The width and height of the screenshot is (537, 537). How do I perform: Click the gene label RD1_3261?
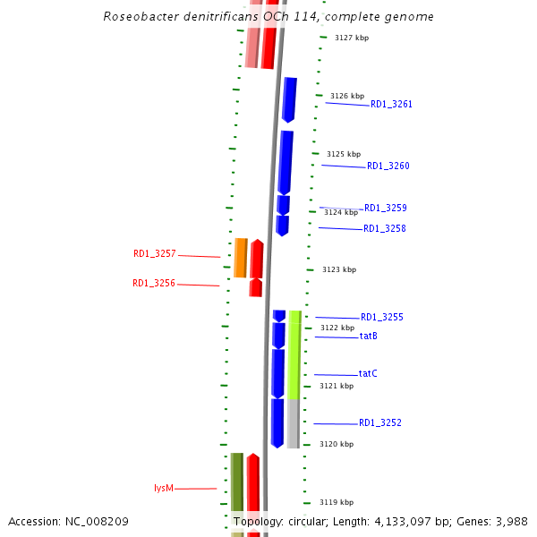pyautogui.click(x=391, y=105)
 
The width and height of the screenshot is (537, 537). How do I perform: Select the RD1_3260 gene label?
pyautogui.click(x=388, y=166)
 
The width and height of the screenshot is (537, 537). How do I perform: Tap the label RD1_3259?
pyautogui.click(x=385, y=209)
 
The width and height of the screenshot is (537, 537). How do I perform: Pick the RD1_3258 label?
pyautogui.click(x=384, y=229)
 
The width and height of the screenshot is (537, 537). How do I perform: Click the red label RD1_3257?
pyautogui.click(x=154, y=254)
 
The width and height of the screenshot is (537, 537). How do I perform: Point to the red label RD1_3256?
pyautogui.click(x=153, y=284)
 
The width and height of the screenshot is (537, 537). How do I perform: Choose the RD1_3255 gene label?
pyautogui.click(x=381, y=318)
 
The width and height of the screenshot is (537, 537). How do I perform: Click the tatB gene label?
pyautogui.click(x=368, y=337)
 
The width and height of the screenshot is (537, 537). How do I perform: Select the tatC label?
pyautogui.click(x=368, y=374)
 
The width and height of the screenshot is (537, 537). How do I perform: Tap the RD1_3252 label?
pyautogui.click(x=380, y=423)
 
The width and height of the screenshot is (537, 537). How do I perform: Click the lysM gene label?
pyautogui.click(x=163, y=489)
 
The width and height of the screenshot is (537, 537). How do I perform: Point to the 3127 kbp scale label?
pyautogui.click(x=351, y=38)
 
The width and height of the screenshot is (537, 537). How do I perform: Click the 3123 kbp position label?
pyautogui.click(x=339, y=269)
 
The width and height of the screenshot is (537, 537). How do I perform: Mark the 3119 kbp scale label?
pyautogui.click(x=337, y=503)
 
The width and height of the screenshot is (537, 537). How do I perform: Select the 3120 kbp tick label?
pyautogui.click(x=337, y=445)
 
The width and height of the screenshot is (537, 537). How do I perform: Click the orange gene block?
pyautogui.click(x=241, y=258)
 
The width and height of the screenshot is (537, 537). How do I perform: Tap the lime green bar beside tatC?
pyautogui.click(x=294, y=354)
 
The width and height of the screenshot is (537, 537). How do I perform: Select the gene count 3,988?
pyautogui.click(x=510, y=522)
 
